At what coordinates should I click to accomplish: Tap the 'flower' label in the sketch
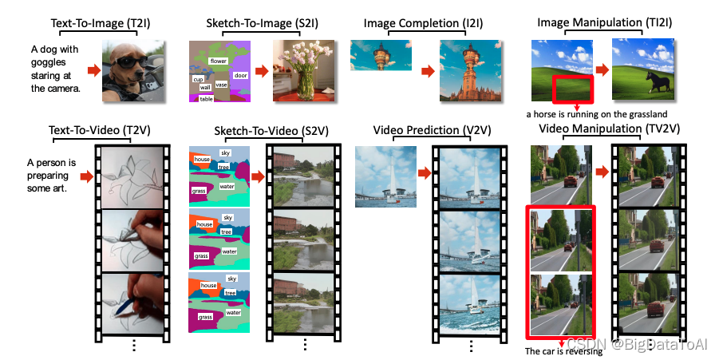point(217,61)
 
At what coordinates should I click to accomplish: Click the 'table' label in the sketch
point(206,98)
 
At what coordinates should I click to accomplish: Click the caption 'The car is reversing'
point(563,351)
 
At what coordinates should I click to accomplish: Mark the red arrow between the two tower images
point(428,72)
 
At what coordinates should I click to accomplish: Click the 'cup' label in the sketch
point(197,80)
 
